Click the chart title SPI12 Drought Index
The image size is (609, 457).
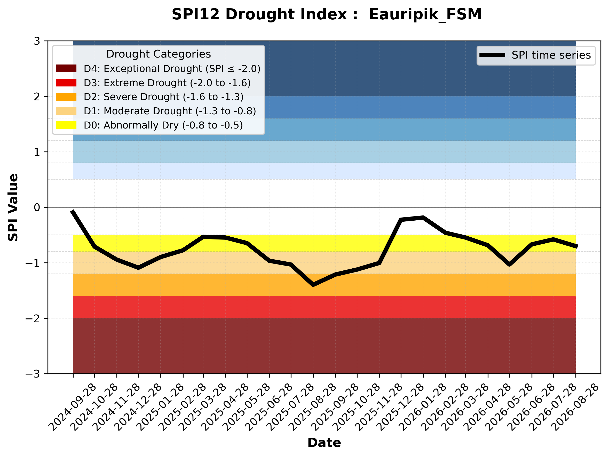coord(265,14)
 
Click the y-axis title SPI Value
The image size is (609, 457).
coord(13,207)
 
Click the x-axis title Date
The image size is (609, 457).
coord(324,443)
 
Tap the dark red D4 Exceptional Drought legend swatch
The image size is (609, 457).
coord(66,68)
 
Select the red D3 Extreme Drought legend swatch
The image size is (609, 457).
coord(66,83)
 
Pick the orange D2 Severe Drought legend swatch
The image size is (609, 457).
coord(66,97)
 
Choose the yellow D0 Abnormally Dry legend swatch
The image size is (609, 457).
coord(66,125)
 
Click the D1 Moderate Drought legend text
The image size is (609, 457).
coord(170,111)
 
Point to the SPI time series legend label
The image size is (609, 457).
coord(551,55)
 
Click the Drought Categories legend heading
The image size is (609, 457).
coord(159,54)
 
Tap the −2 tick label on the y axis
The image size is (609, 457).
coord(33,319)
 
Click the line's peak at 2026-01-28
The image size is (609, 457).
coord(423,217)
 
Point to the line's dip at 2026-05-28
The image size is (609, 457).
coord(509,265)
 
